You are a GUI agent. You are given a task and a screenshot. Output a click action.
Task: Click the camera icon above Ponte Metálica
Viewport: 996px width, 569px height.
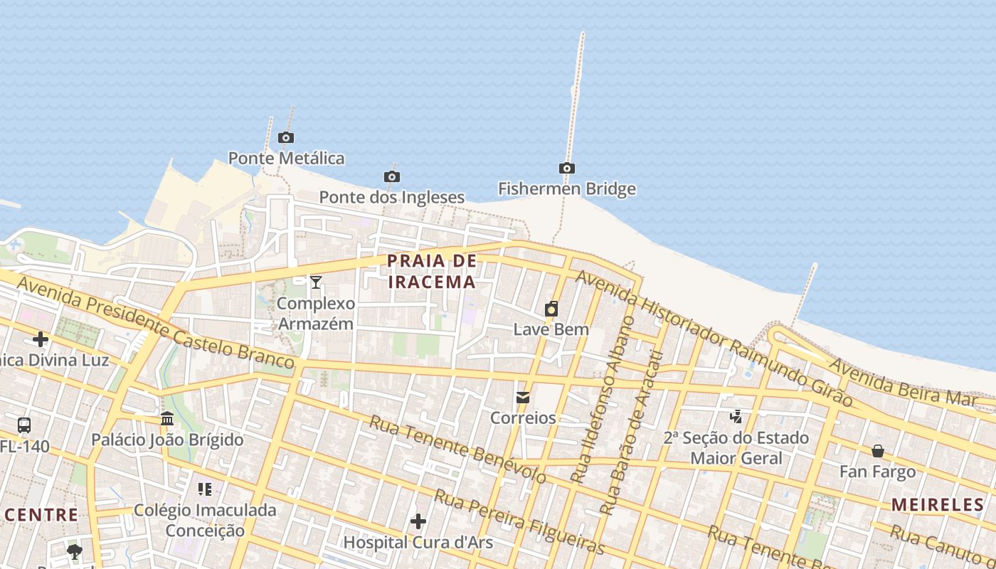286,138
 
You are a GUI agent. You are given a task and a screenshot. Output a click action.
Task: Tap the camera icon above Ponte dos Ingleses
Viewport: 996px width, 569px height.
391,176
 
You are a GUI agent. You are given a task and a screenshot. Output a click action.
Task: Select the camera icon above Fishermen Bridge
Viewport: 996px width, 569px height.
567,169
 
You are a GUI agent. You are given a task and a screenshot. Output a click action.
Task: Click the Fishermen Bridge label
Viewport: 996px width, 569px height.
567,189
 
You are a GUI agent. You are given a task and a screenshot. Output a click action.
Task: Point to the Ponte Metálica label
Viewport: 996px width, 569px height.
286,158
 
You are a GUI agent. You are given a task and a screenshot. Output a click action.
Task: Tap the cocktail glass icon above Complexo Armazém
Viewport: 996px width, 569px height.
316,282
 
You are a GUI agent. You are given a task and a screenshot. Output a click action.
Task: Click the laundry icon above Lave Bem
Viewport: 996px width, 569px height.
551,309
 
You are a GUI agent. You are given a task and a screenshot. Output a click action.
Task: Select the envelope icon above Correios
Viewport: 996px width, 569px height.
523,397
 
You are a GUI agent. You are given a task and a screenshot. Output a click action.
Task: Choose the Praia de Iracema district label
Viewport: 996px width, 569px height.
432,271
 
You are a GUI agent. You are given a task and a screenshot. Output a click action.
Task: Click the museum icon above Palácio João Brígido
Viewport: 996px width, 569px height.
167,418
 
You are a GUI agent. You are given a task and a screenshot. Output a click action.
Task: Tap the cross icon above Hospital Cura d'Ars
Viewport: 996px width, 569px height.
418,521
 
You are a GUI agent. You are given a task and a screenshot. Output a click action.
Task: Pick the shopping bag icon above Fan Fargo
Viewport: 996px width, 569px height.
878,451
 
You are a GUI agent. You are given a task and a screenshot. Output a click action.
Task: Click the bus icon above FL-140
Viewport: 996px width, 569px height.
24,425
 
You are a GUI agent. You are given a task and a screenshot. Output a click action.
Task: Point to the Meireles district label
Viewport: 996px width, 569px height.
938,505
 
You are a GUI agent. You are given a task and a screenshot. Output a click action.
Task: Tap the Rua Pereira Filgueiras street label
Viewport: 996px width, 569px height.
519,521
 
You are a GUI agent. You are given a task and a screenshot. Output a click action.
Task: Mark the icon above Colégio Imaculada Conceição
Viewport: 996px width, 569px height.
205,489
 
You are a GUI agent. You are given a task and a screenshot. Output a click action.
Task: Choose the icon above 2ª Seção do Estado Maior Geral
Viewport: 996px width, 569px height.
736,416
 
